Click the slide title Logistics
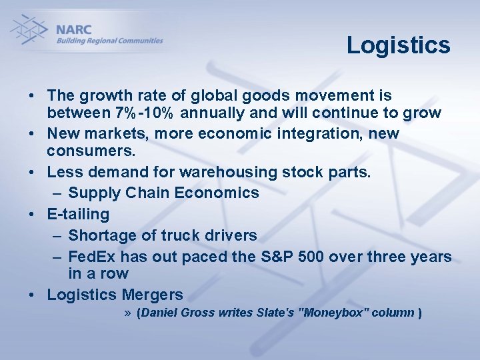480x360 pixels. click(x=398, y=45)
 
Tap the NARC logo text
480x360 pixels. click(x=74, y=29)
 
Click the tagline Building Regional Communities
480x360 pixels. click(x=109, y=41)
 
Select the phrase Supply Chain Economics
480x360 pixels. click(x=163, y=193)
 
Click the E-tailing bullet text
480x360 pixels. click(x=78, y=215)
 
